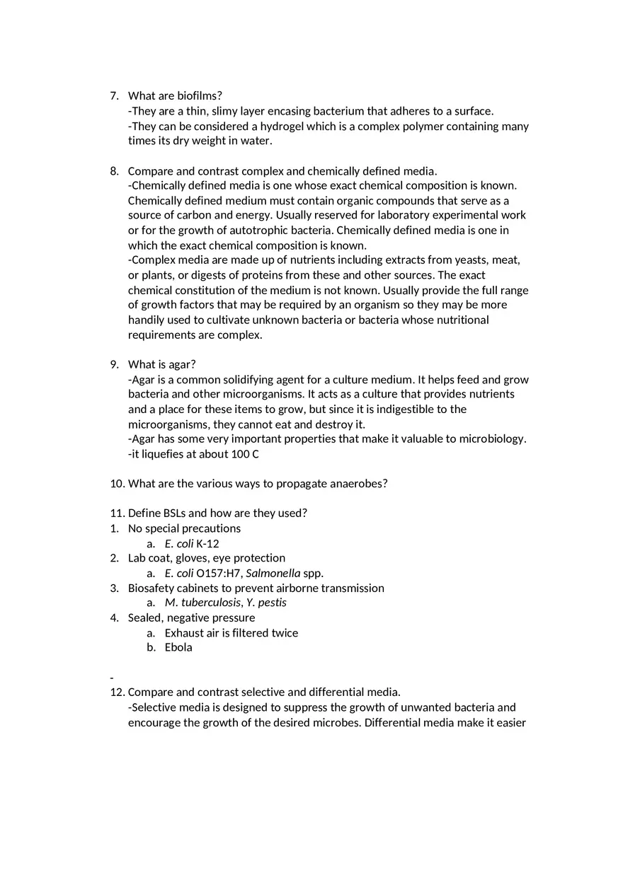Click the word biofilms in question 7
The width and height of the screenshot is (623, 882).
click(198, 95)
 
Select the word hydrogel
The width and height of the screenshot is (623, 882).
click(283, 126)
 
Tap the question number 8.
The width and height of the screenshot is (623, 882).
click(114, 171)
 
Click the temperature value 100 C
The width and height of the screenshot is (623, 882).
click(245, 454)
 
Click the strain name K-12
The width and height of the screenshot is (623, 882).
click(207, 544)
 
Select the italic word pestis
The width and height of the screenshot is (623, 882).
click(272, 603)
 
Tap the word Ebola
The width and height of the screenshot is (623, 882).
click(178, 647)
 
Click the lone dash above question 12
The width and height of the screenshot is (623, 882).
click(112, 678)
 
